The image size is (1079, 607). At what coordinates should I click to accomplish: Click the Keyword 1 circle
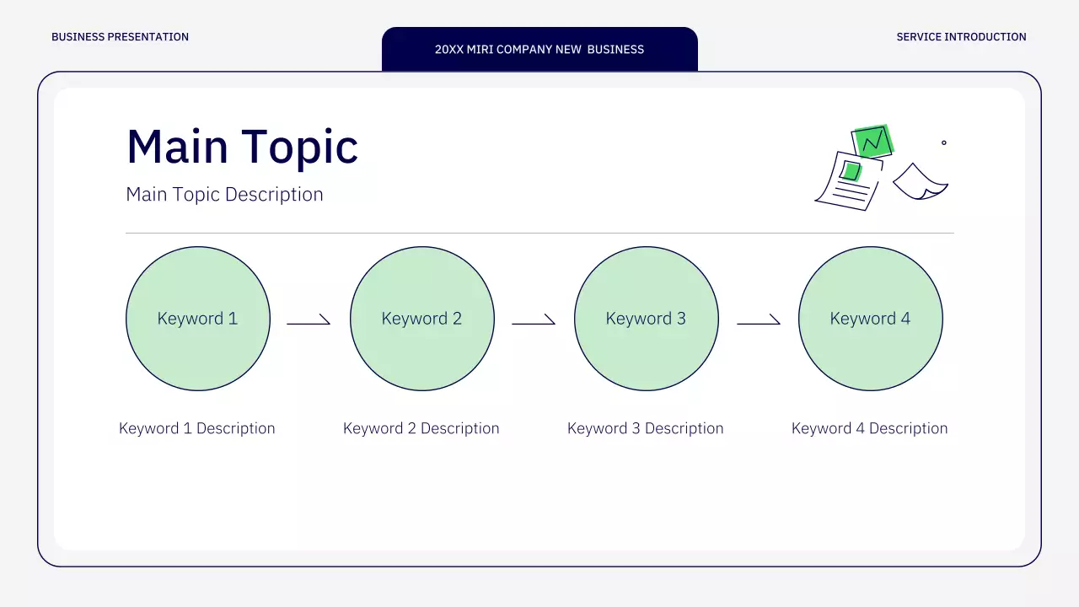[198, 319]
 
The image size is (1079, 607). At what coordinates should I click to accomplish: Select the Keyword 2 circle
[422, 319]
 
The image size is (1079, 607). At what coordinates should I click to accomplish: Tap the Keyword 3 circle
[647, 319]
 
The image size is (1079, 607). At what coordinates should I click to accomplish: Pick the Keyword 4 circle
[871, 319]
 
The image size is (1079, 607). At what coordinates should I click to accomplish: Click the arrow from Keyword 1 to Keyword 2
[309, 323]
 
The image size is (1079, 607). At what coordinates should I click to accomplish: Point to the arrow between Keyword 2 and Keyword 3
[534, 323]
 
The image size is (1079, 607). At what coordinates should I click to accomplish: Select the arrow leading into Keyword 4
[759, 323]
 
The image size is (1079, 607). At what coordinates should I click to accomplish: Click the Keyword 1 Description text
[197, 428]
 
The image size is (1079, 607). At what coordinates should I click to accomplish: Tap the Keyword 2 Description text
[421, 428]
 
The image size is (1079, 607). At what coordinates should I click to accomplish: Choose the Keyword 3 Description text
[646, 428]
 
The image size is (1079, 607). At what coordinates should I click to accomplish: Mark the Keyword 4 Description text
[869, 428]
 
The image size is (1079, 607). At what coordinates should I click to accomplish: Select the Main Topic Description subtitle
[224, 195]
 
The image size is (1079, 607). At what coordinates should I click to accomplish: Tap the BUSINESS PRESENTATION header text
[120, 37]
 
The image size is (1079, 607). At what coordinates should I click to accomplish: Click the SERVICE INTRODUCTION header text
[962, 37]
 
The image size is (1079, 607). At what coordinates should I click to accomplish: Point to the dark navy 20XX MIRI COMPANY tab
[539, 49]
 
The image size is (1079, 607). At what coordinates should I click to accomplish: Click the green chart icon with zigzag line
[872, 141]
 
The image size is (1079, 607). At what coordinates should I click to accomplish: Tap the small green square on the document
[851, 171]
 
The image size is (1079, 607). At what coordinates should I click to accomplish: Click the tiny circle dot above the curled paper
[943, 142]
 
